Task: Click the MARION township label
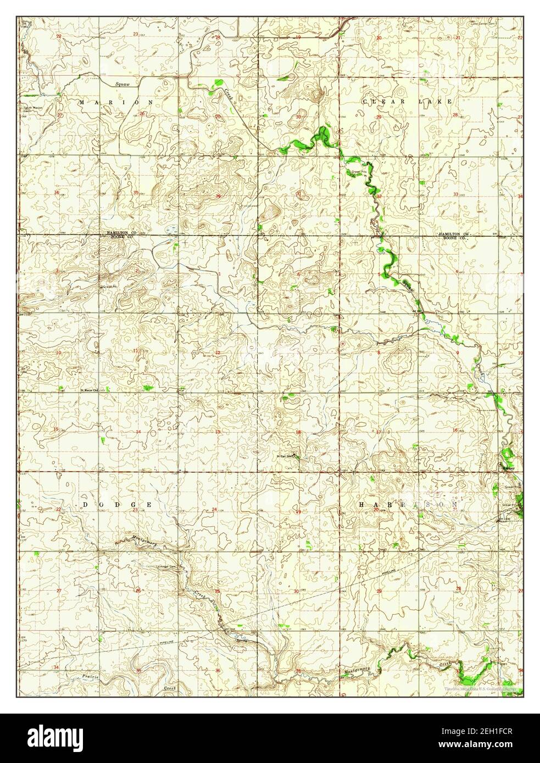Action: pos(116,102)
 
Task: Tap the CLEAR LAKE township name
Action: pos(408,102)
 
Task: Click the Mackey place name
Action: pos(508,468)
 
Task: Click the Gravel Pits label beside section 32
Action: pos(359,171)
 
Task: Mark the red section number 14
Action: pos(138,431)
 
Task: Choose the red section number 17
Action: pos(378,431)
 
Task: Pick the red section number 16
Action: pos(455,431)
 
